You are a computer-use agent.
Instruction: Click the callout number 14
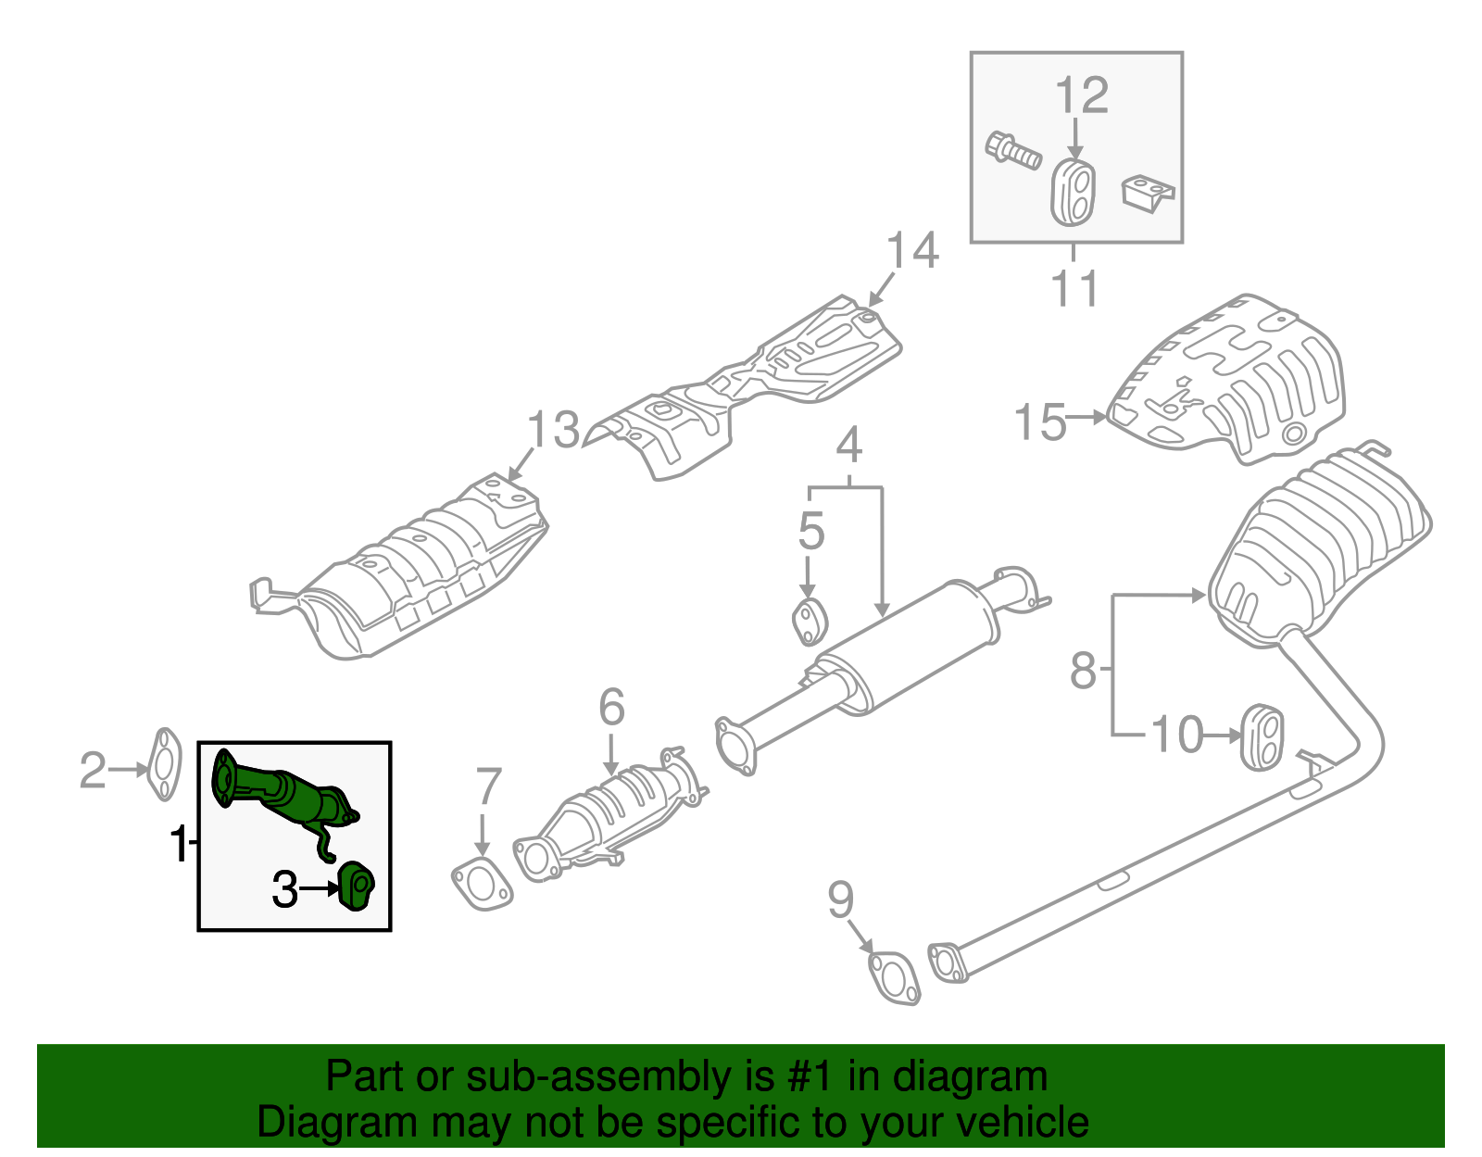point(912,251)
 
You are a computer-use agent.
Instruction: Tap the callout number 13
point(553,431)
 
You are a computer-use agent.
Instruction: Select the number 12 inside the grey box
point(1081,95)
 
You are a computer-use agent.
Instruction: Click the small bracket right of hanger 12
point(1148,194)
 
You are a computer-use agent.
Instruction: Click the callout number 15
point(1040,421)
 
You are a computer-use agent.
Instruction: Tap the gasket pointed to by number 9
point(895,978)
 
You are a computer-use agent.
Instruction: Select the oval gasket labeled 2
point(164,764)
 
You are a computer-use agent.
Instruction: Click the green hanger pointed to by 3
point(356,886)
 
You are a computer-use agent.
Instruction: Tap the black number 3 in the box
point(284,890)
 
